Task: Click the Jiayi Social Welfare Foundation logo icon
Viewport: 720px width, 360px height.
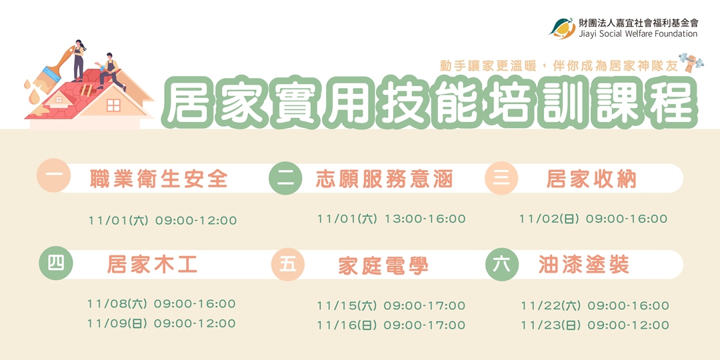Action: click(x=562, y=27)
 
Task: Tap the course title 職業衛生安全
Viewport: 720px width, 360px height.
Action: click(x=159, y=179)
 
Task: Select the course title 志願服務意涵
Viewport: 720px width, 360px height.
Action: click(x=384, y=179)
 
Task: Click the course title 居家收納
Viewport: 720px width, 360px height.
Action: click(x=591, y=179)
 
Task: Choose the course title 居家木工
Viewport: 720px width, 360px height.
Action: click(x=153, y=265)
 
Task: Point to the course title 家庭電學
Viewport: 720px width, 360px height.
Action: click(x=383, y=265)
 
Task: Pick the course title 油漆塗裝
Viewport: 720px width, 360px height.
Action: click(x=584, y=265)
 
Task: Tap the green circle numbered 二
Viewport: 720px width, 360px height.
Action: click(x=285, y=178)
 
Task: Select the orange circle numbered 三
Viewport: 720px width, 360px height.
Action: click(x=501, y=178)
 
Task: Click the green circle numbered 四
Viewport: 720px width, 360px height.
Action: click(x=55, y=263)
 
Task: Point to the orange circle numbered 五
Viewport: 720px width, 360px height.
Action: click(x=287, y=265)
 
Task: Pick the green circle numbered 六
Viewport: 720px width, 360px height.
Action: click(x=502, y=264)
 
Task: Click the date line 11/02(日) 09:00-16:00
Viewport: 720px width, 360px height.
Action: click(x=593, y=219)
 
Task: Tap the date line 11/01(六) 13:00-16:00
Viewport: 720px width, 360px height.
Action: click(x=391, y=219)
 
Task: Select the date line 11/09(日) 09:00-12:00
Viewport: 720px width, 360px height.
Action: click(x=161, y=323)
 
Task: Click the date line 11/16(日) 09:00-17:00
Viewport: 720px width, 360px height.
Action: click(x=391, y=325)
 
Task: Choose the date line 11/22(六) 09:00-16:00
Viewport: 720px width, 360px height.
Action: click(x=595, y=306)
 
